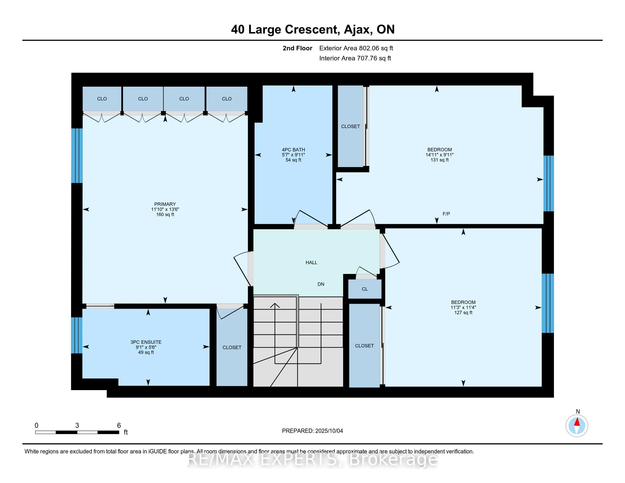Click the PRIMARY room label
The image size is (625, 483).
click(165, 204)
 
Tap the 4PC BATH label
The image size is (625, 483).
click(293, 150)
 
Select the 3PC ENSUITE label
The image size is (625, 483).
click(146, 342)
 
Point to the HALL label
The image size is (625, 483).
click(311, 263)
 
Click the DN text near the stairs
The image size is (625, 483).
click(321, 284)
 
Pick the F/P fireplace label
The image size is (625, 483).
click(446, 214)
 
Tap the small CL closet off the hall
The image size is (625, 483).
click(365, 289)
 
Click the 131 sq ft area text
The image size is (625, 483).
click(439, 160)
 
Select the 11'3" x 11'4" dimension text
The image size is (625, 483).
click(463, 308)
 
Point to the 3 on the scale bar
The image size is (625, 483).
click(77, 426)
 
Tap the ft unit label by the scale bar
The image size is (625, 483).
click(126, 432)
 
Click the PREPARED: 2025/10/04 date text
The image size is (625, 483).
click(312, 431)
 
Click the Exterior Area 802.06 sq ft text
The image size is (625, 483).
click(356, 48)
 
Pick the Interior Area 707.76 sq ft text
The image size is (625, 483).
click(355, 58)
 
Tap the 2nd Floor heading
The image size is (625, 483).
click(297, 48)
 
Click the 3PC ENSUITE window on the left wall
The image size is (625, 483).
click(77, 335)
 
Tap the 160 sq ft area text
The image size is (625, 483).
click(165, 215)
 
